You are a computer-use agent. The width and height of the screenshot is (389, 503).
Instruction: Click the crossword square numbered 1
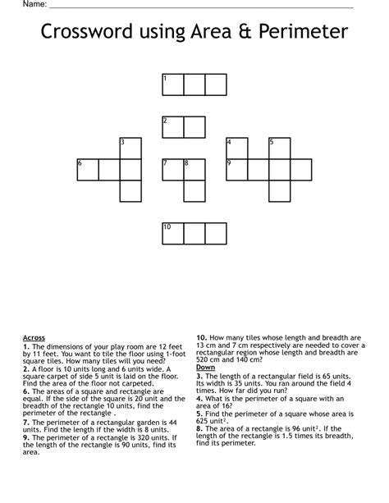(172, 85)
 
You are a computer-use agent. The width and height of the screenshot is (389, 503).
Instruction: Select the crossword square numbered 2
(172, 127)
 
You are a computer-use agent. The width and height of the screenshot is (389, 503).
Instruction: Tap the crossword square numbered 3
(130, 149)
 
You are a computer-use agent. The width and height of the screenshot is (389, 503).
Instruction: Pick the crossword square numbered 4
(236, 149)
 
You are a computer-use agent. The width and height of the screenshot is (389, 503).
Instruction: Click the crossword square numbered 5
(279, 149)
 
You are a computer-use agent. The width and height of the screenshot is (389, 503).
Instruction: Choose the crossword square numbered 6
(87, 170)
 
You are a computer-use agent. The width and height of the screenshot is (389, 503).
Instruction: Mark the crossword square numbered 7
(172, 170)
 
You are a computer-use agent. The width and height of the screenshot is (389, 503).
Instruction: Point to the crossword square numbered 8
(194, 170)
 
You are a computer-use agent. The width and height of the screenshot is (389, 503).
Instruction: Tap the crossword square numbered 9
(236, 170)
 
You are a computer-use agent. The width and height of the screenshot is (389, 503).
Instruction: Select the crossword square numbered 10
(172, 233)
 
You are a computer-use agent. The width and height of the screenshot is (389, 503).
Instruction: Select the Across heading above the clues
(34, 337)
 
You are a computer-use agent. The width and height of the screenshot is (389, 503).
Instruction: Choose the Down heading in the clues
(205, 367)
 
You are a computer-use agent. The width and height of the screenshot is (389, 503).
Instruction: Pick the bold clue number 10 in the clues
(200, 337)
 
